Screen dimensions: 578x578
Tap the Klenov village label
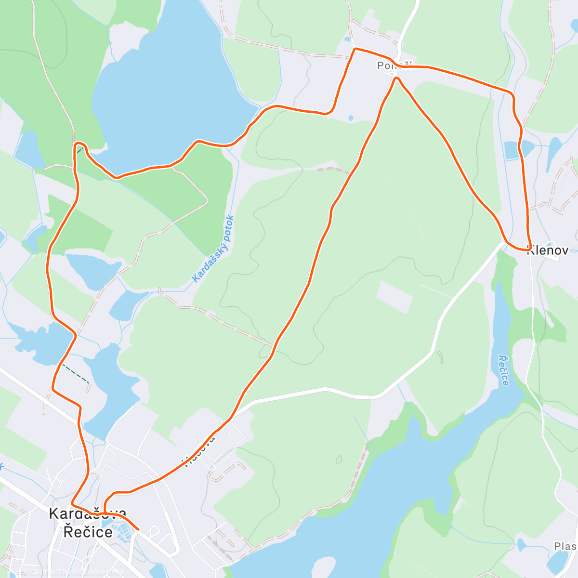548,250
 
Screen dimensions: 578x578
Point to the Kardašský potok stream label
213,249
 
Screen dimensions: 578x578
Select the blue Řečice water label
503,370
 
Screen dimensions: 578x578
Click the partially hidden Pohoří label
394,66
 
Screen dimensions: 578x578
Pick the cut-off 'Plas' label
565,546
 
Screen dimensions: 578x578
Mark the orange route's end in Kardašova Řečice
138,529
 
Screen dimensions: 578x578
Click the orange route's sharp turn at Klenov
530,249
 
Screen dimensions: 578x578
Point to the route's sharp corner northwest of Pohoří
355,49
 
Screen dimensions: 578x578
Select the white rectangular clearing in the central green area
394,297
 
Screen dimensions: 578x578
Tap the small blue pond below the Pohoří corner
350,118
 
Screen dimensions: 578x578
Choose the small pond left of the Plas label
522,545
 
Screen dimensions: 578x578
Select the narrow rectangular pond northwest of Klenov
511,150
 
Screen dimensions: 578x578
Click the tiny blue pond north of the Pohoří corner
347,39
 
